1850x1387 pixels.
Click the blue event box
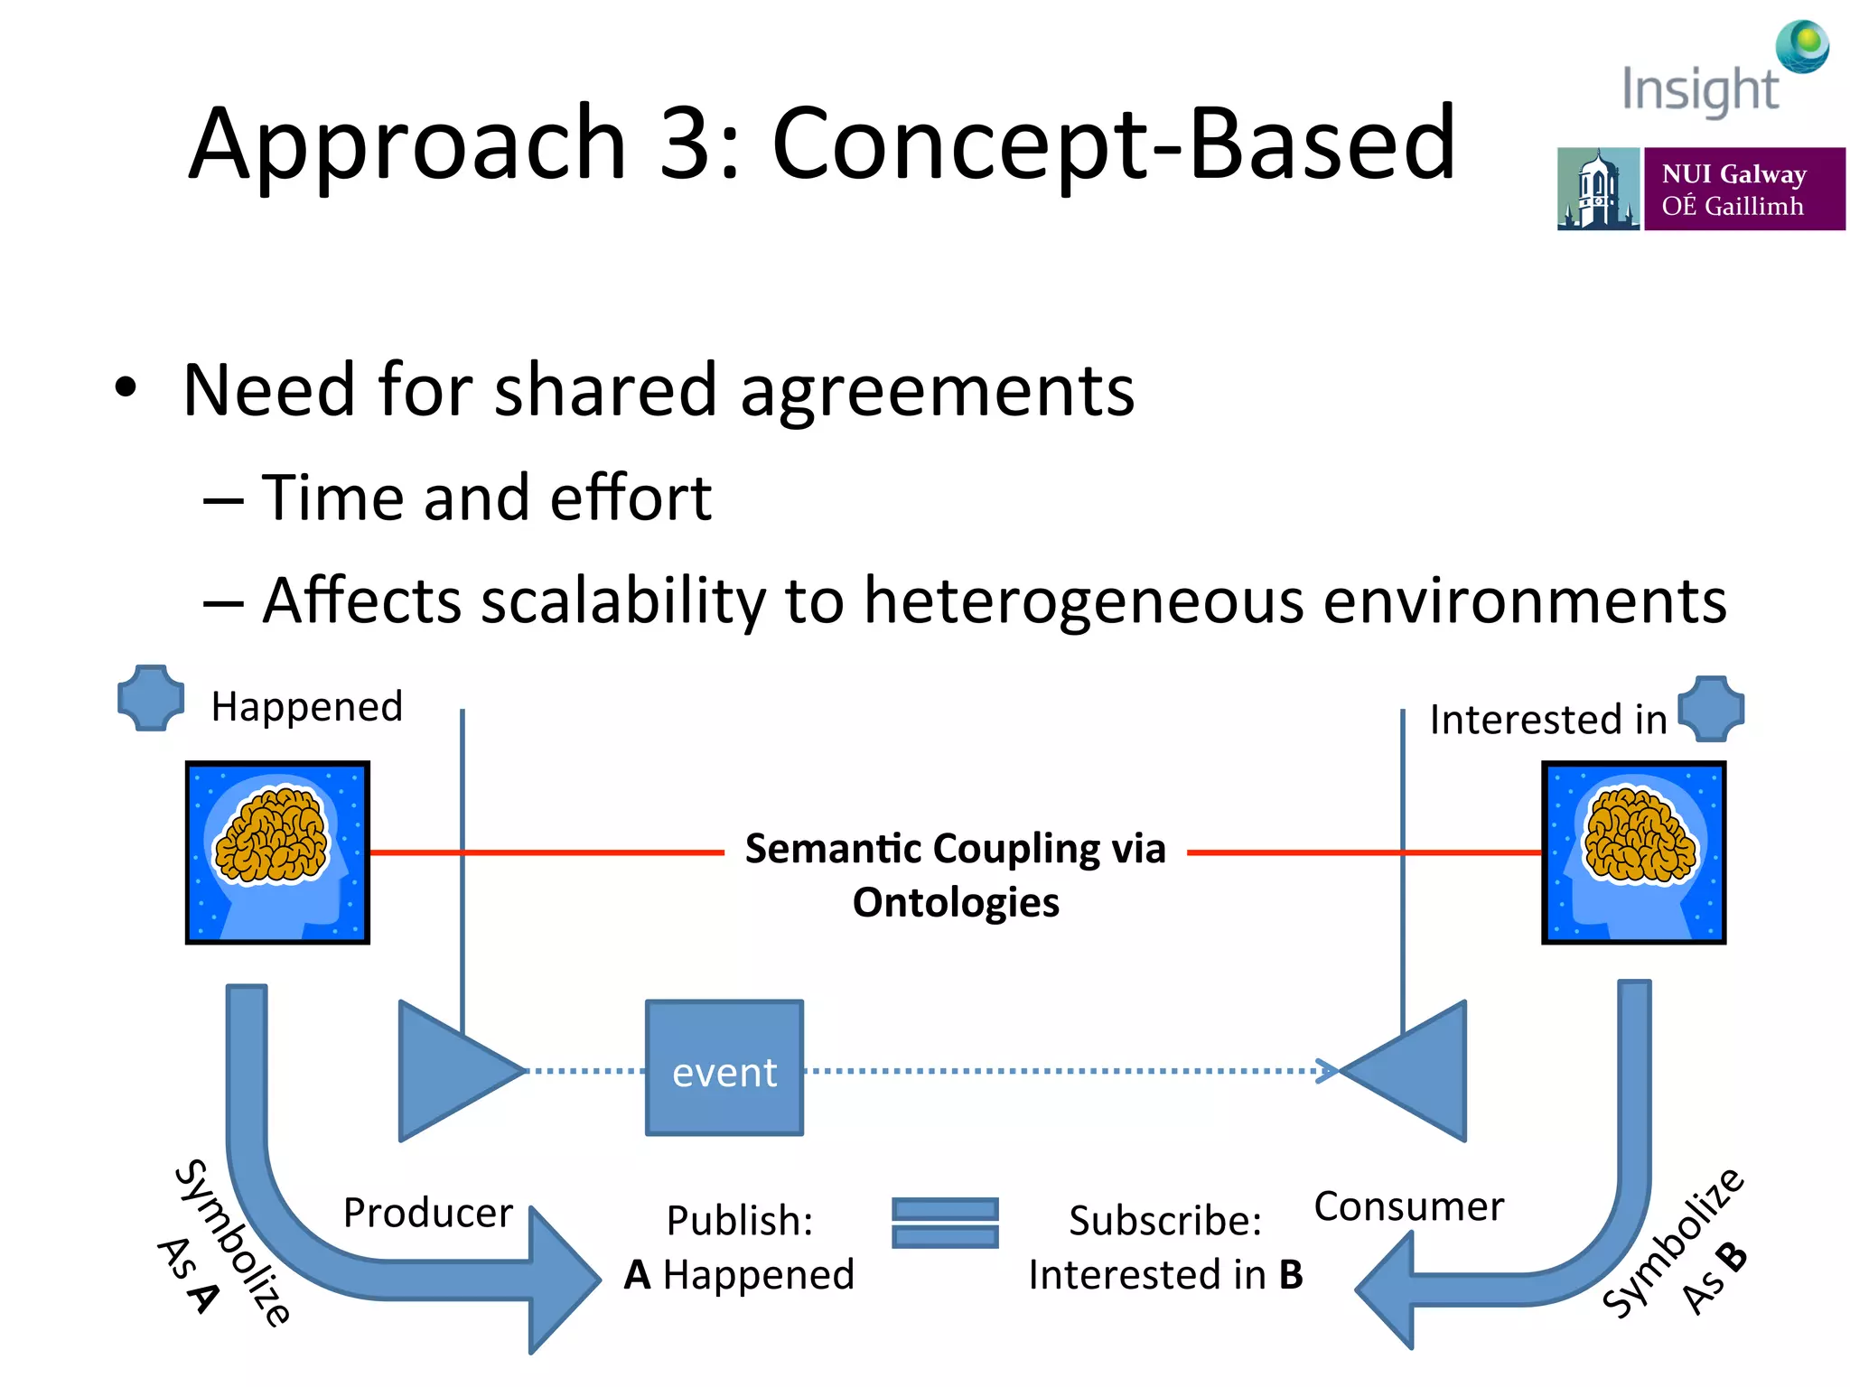(x=724, y=1067)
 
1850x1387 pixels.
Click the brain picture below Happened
(x=277, y=852)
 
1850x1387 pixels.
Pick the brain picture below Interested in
(x=1633, y=852)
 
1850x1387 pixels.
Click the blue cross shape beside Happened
(x=151, y=698)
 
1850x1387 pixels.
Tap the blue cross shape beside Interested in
(x=1711, y=709)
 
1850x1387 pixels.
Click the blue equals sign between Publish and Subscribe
(x=945, y=1223)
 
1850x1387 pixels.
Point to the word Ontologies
(x=956, y=902)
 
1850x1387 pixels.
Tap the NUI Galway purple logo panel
(x=1743, y=189)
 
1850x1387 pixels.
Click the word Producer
(x=427, y=1212)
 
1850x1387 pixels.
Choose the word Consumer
(x=1408, y=1205)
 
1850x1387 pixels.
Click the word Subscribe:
(x=1165, y=1221)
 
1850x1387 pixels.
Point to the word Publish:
(x=740, y=1221)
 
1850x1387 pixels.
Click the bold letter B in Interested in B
(x=1291, y=1274)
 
